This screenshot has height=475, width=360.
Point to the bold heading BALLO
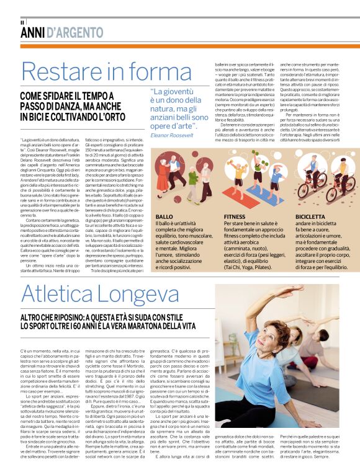click(164, 217)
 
